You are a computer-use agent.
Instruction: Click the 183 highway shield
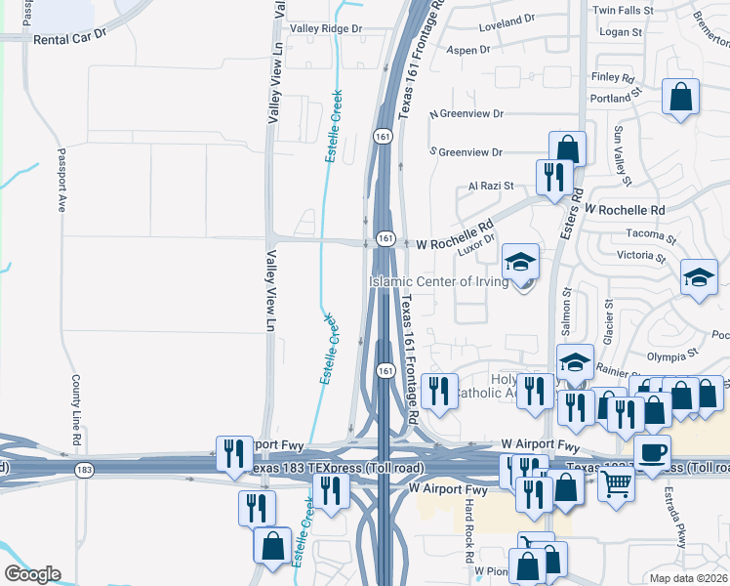pyautogui.click(x=86, y=471)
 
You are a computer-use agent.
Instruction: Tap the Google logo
pyautogui.click(x=32, y=574)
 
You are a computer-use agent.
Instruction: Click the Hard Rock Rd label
pyautogui.click(x=468, y=523)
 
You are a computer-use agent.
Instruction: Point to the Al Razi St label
pyautogui.click(x=488, y=185)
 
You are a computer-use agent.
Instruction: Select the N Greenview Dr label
pyautogui.click(x=466, y=114)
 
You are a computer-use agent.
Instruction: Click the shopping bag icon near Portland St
pyautogui.click(x=680, y=97)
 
